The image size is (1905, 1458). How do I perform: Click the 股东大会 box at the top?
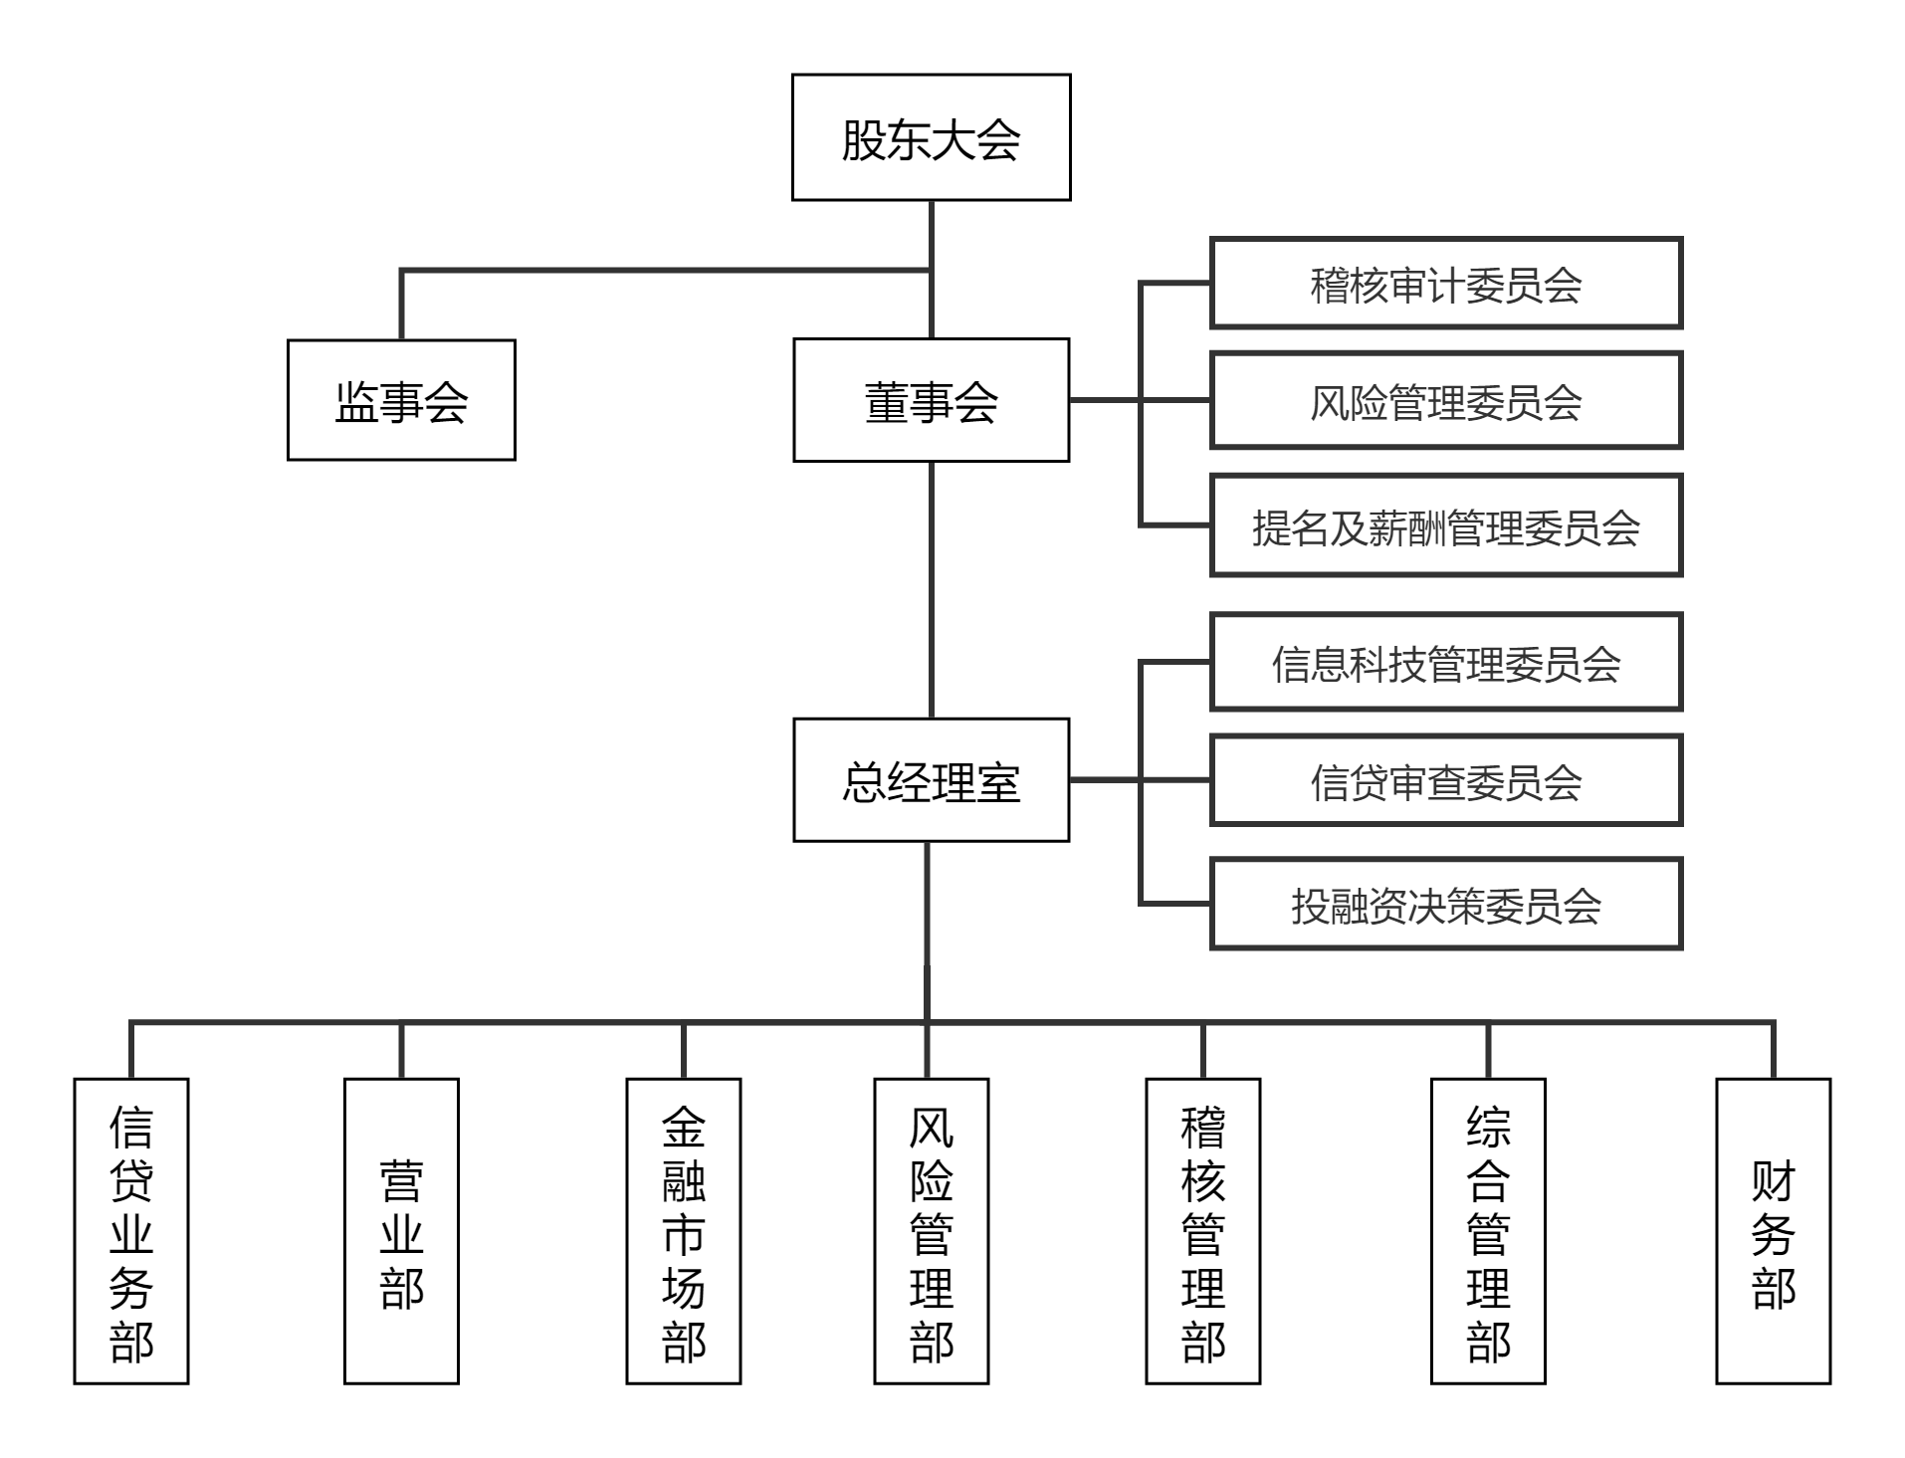tap(931, 137)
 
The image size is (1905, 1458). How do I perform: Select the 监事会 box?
tap(401, 400)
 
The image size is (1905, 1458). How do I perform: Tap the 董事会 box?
tap(931, 400)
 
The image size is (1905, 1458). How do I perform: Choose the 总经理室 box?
tap(931, 780)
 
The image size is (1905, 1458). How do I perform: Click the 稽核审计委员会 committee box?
tap(1445, 284)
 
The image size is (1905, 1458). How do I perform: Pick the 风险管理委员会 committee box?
tap(1445, 400)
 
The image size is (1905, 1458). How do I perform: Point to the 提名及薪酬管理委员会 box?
tap(1445, 525)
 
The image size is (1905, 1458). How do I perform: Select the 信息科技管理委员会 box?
tap(1445, 662)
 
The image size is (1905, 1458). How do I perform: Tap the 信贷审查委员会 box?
tap(1445, 780)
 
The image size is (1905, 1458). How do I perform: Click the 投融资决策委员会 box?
tap(1445, 904)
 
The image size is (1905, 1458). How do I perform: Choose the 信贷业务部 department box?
tap(131, 1231)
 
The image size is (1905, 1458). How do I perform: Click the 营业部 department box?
tap(401, 1231)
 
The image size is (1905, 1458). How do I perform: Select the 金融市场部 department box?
tap(684, 1231)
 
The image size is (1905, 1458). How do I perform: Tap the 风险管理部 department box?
tap(931, 1231)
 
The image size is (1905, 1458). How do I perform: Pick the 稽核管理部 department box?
tap(1202, 1231)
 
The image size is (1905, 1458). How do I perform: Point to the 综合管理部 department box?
tap(1488, 1231)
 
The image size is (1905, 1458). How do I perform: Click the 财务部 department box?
tap(1773, 1231)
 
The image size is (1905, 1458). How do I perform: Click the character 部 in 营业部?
tap(401, 1287)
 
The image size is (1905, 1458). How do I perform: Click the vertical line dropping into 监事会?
tap(401, 305)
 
